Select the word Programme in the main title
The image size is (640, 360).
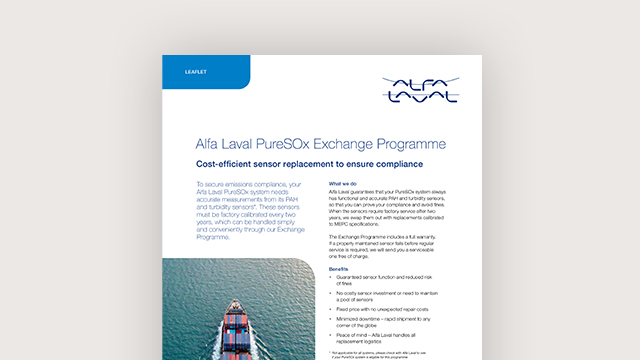click(x=429, y=143)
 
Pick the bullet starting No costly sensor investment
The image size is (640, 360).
click(x=396, y=301)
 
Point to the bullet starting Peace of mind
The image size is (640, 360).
click(x=395, y=344)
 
